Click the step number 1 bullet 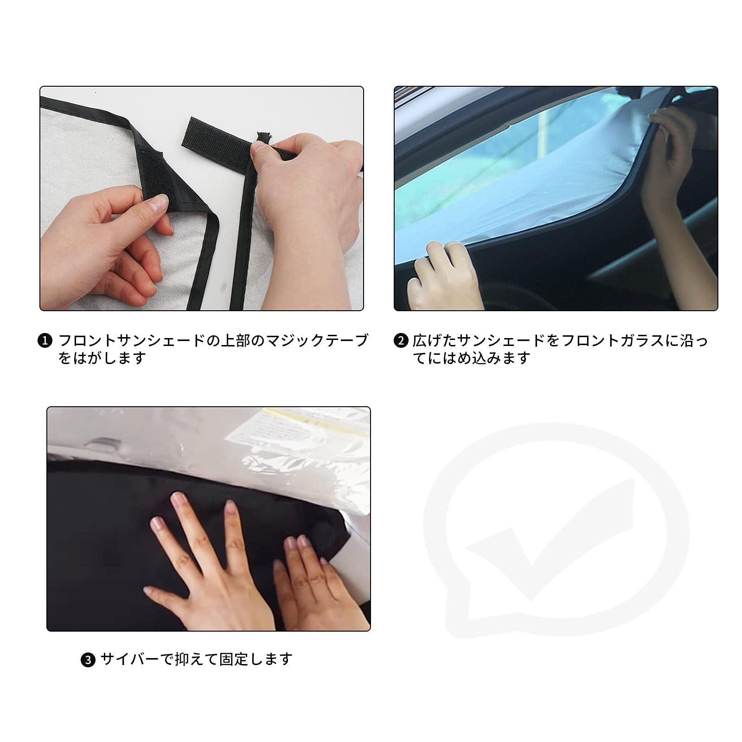click(45, 341)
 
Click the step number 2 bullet click(400, 341)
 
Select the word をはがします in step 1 click(102, 358)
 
